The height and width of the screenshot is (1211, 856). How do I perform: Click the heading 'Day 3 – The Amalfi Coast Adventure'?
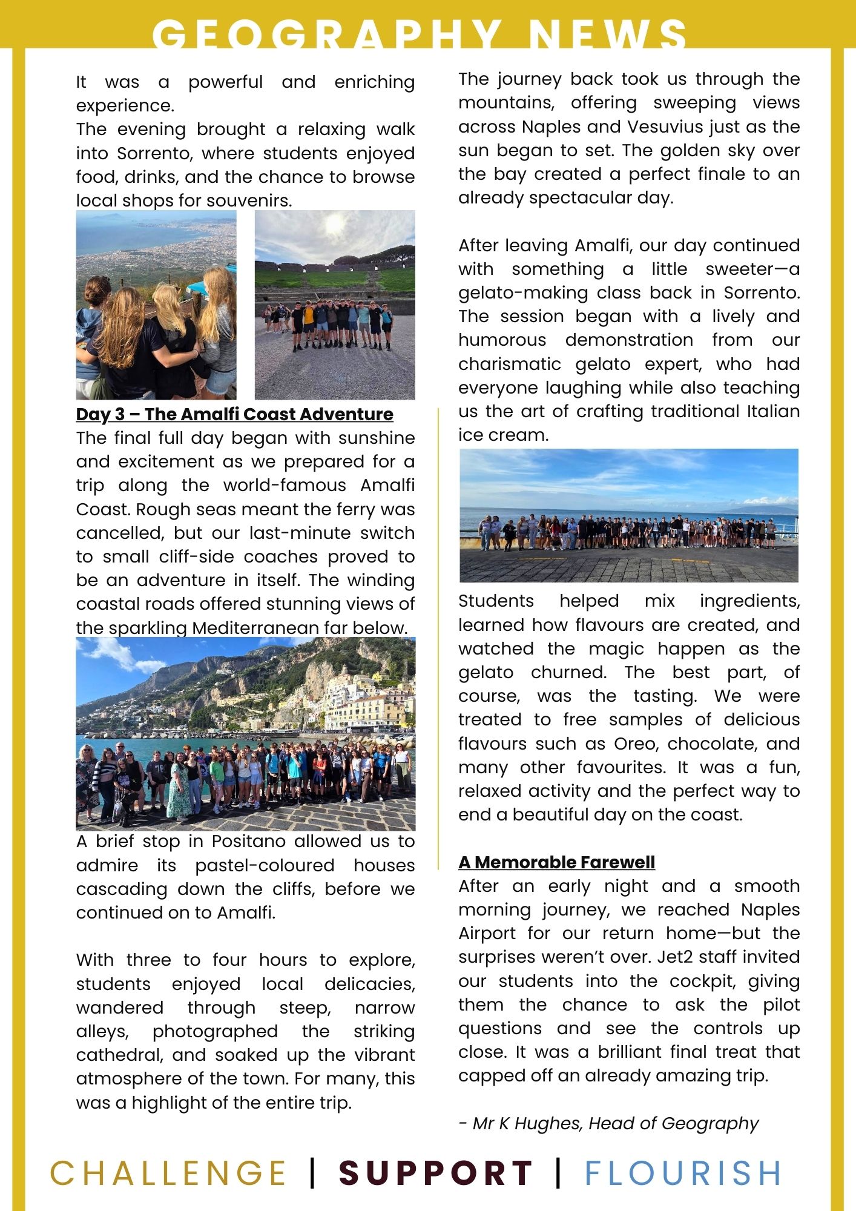(x=234, y=414)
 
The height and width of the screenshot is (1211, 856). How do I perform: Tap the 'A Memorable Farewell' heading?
(x=556, y=862)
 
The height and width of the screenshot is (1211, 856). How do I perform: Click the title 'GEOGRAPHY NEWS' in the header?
(x=419, y=34)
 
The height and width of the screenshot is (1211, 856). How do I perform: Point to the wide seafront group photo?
(x=628, y=515)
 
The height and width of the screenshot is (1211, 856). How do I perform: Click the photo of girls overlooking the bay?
(x=156, y=305)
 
